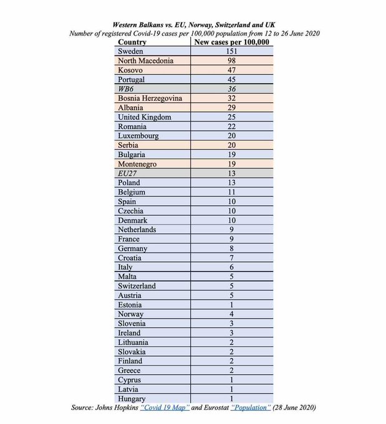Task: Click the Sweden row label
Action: [x=130, y=52]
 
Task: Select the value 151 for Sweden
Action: [x=231, y=52]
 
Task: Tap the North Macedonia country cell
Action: [x=146, y=61]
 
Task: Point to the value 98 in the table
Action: [x=231, y=61]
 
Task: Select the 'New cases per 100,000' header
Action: [x=231, y=42]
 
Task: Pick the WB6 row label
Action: [x=127, y=89]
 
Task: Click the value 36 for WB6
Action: [x=231, y=89]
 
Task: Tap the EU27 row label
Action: [x=128, y=173]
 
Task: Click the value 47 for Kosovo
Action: [x=231, y=70]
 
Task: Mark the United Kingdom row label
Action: [x=144, y=117]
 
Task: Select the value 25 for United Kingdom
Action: [x=231, y=117]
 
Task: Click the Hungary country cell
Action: [x=132, y=398]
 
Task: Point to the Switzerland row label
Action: [x=137, y=286]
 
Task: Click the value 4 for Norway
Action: [x=231, y=314]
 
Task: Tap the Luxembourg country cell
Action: [x=138, y=136]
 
